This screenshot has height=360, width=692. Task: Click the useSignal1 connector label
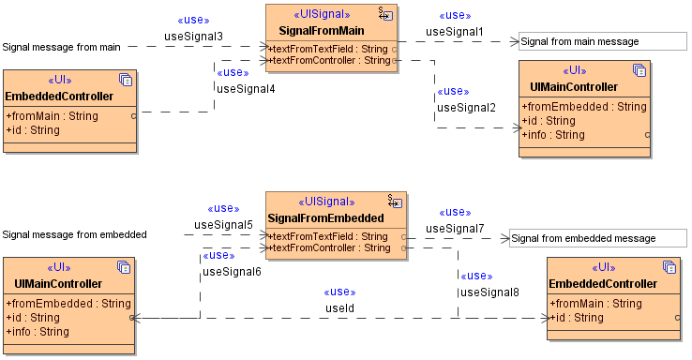(x=455, y=32)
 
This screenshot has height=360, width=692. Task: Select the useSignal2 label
(x=466, y=108)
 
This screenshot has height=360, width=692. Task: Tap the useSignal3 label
(x=193, y=37)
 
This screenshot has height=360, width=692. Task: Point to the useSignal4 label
(x=246, y=89)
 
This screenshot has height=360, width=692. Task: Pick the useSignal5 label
(x=223, y=225)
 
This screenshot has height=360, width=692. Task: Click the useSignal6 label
(x=232, y=272)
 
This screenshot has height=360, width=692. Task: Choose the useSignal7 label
(x=455, y=229)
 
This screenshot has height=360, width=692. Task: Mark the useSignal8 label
(x=489, y=292)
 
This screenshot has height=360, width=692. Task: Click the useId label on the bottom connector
(x=339, y=307)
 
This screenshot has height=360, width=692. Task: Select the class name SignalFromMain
(x=322, y=31)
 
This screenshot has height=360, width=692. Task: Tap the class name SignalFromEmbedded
(x=326, y=218)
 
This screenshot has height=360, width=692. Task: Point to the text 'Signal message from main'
(x=61, y=47)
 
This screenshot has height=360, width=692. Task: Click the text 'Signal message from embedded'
(x=74, y=234)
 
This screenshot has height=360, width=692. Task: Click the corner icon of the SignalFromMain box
(x=385, y=14)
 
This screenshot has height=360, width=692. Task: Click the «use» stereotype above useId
(x=339, y=292)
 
